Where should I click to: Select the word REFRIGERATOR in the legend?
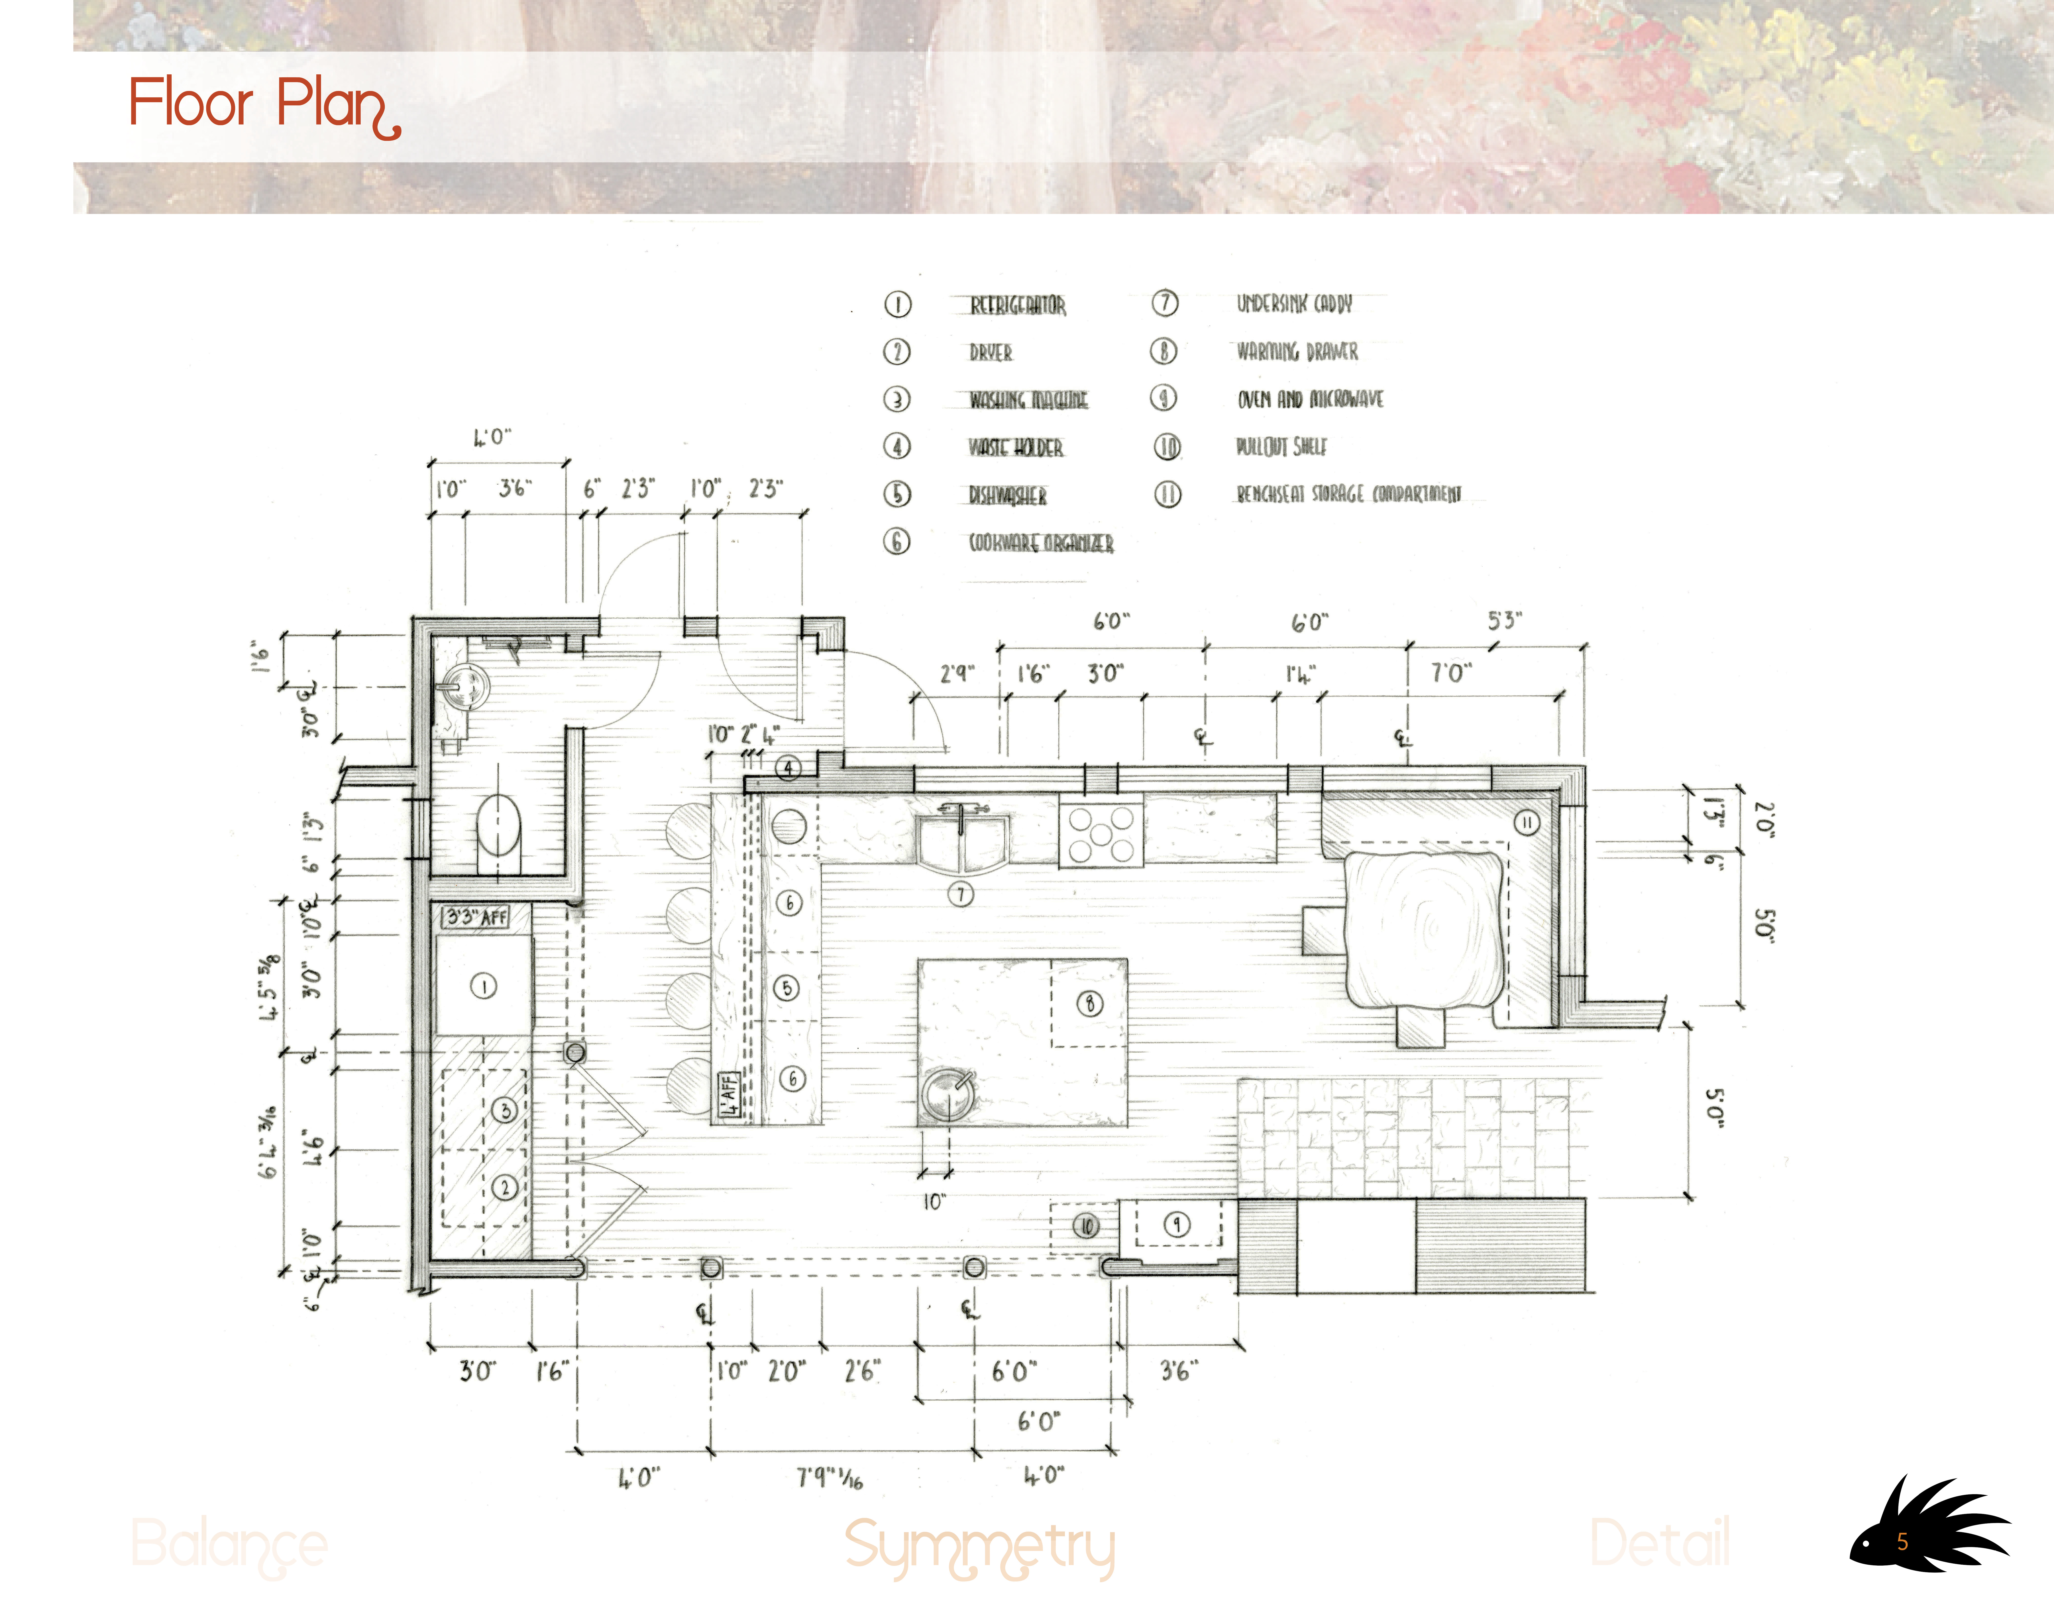pos(1017,305)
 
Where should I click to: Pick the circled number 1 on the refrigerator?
pos(484,986)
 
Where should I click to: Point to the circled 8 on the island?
pos(1090,1004)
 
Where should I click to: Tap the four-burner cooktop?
pos(1101,834)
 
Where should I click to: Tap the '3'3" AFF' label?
pos(475,917)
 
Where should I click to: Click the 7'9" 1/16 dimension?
pos(829,1476)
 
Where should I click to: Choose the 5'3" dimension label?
pos(1504,621)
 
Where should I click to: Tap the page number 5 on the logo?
pos(1902,1542)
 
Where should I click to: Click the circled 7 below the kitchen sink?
pos(961,894)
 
